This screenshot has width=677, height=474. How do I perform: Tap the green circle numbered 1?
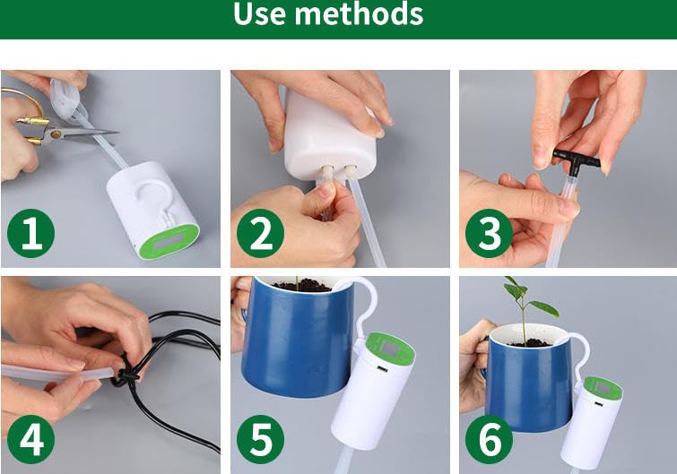pos(30,234)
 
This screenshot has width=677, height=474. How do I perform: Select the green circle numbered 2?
pos(260,234)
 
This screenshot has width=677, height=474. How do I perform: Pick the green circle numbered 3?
pos(490,234)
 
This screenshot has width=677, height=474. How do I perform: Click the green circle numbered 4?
pos(30,440)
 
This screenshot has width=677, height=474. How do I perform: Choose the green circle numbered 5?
pos(260,440)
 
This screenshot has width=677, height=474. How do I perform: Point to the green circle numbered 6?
pos(490,440)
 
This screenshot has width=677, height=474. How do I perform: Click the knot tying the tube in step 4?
pos(125,375)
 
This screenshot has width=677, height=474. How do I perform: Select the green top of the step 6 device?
pos(602,389)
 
